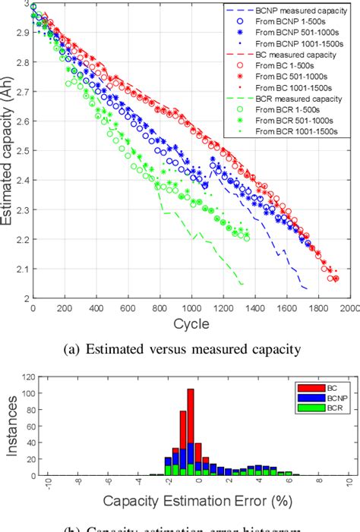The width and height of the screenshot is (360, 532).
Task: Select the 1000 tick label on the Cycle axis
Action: coord(191,309)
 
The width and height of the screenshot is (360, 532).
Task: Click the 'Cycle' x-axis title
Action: coord(190,324)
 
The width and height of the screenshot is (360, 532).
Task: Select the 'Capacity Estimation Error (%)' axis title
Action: coord(190,502)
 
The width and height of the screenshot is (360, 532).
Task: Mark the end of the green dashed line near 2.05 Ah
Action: coord(242,285)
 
